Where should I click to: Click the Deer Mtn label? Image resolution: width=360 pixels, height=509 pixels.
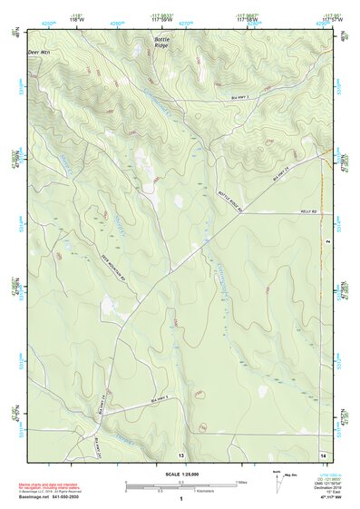[x=38, y=53]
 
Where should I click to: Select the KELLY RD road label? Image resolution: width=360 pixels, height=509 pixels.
[x=306, y=211]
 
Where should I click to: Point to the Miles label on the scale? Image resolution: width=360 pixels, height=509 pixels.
[x=242, y=482]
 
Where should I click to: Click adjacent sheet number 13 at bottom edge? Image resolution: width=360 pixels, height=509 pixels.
[x=180, y=454]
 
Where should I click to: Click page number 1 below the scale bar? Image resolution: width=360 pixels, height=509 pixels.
[x=180, y=499]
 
